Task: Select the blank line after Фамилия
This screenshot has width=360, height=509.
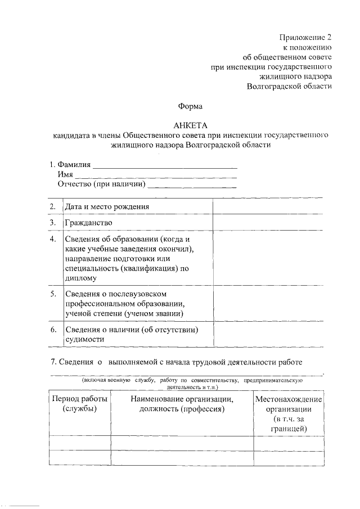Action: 164,167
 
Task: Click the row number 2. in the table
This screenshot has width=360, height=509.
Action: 52,206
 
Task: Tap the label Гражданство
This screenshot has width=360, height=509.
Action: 88,223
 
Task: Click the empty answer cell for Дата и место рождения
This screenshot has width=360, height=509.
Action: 268,206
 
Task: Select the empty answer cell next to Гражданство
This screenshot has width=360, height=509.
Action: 268,223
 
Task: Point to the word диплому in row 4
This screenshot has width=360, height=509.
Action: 81,278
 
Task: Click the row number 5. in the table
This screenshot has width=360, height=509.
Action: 52,294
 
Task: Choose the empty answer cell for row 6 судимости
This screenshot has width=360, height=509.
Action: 268,335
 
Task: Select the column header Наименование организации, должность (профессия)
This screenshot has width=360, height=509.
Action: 182,404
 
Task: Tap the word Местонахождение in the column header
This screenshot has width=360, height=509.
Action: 289,399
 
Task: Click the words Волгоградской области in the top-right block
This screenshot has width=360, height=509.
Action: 289,86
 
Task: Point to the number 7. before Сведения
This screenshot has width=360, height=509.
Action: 53,361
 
